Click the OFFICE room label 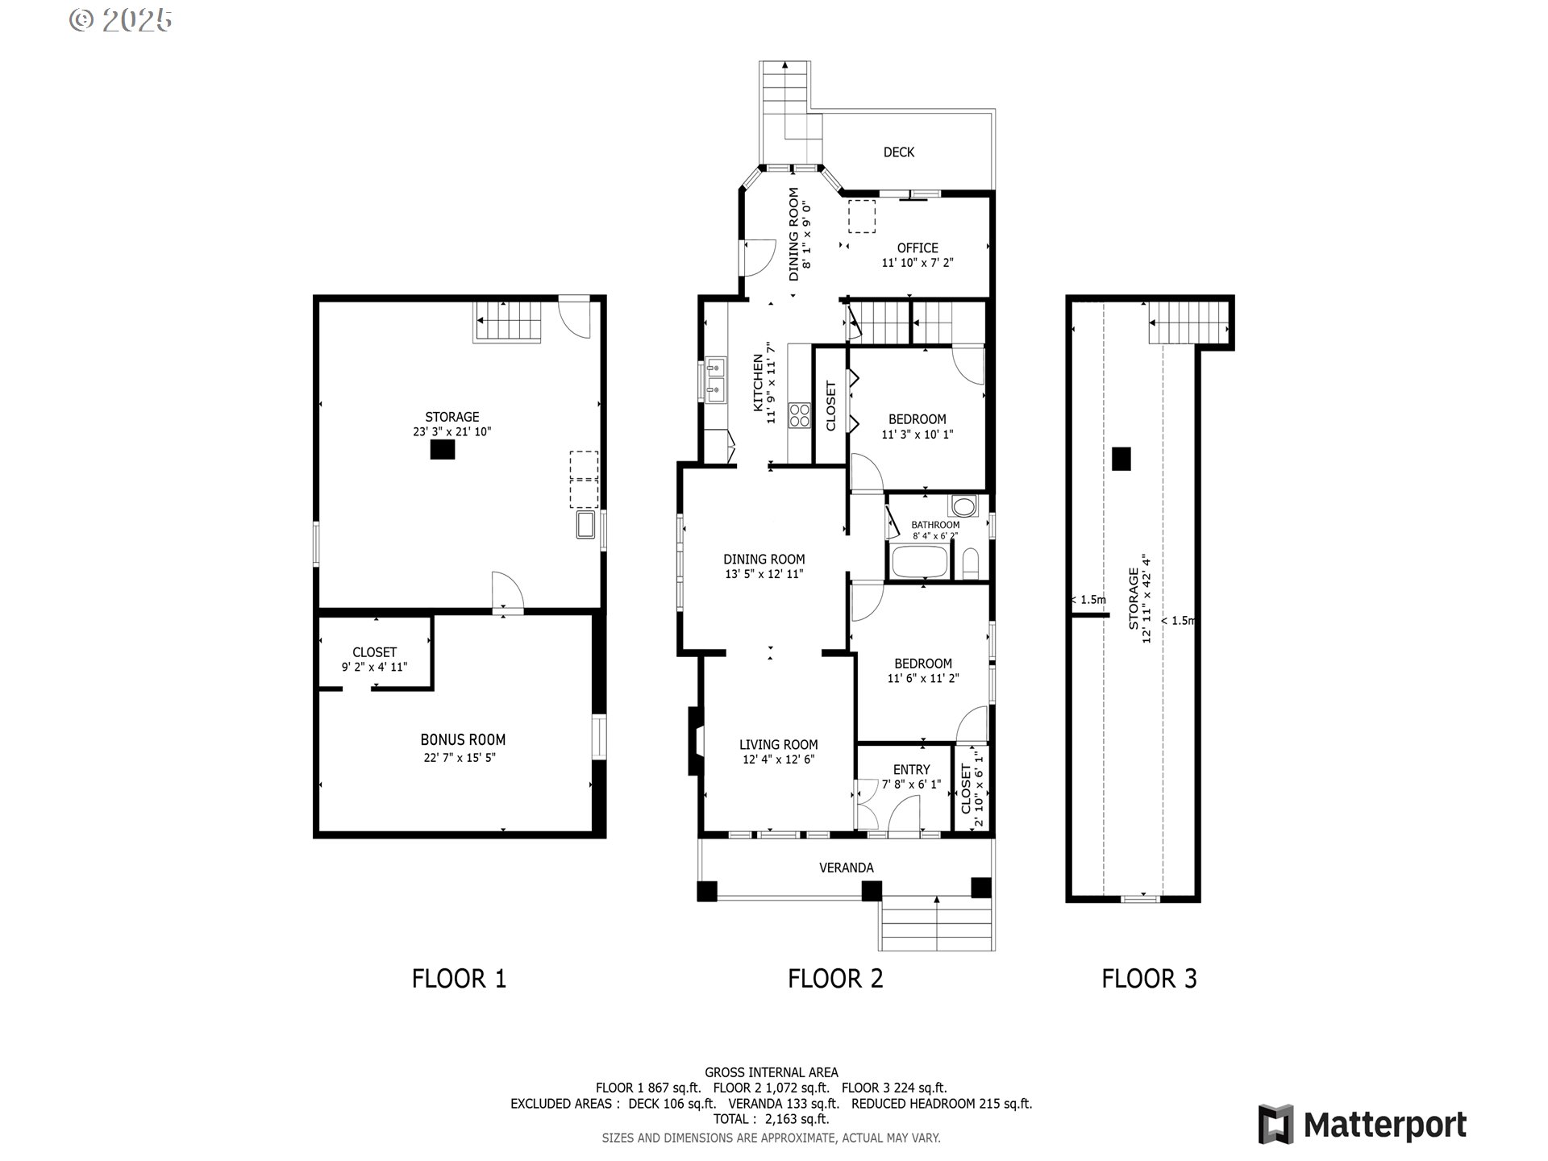[x=918, y=248]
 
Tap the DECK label [x=898, y=152]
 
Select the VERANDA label [x=846, y=868]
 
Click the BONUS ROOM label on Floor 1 [x=463, y=739]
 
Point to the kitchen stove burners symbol [x=800, y=415]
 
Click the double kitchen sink [x=715, y=379]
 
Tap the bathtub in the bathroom [x=919, y=562]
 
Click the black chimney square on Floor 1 [x=442, y=451]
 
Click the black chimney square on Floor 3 [x=1121, y=459]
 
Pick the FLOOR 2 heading [x=835, y=979]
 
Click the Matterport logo [x=1363, y=1124]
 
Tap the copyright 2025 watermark [x=121, y=20]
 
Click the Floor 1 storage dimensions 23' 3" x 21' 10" [x=451, y=432]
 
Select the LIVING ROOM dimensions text [x=778, y=759]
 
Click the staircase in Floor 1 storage [x=506, y=322]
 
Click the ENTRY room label [x=911, y=769]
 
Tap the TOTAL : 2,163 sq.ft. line [x=771, y=1119]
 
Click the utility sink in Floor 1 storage [x=586, y=524]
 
